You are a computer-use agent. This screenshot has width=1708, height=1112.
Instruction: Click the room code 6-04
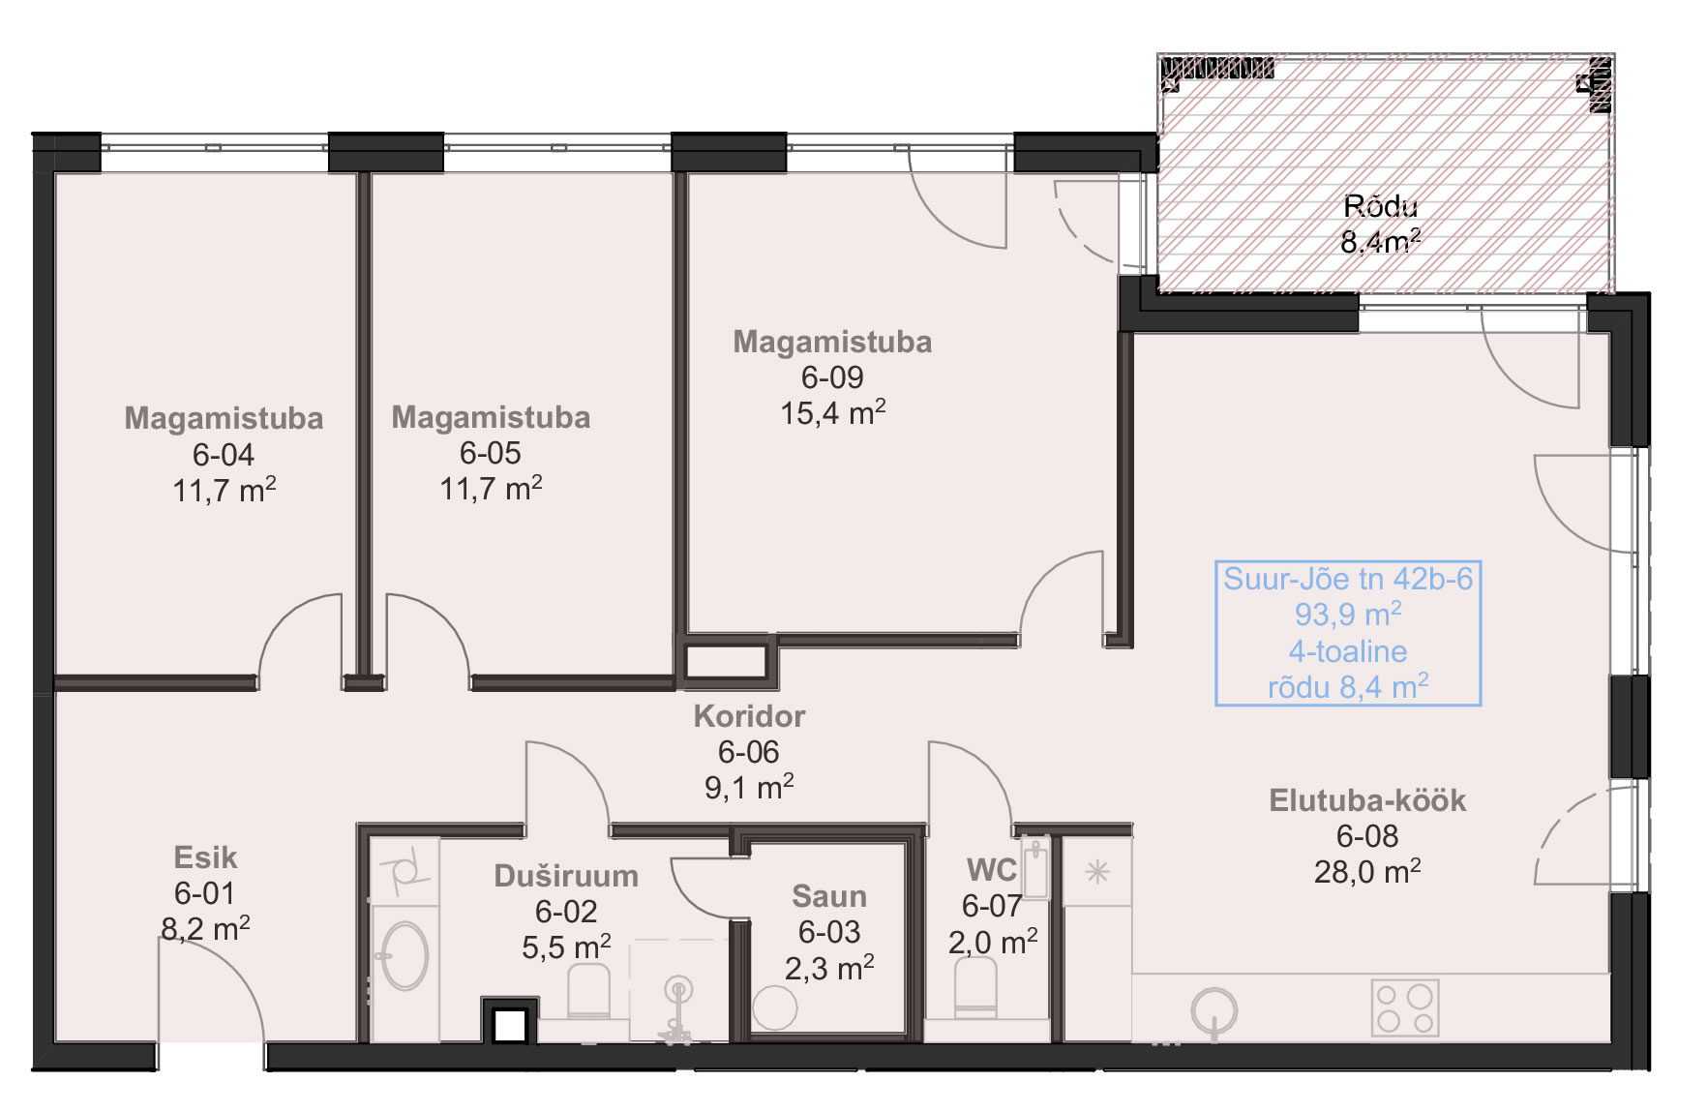(x=223, y=454)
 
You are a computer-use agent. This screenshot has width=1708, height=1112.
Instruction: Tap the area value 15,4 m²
(x=832, y=413)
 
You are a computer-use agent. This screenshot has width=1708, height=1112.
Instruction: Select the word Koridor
(x=749, y=716)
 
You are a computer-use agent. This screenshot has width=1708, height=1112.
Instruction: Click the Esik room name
(x=205, y=857)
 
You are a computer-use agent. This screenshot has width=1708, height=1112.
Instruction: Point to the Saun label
(x=829, y=896)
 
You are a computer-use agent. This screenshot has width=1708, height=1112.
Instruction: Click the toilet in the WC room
(x=975, y=990)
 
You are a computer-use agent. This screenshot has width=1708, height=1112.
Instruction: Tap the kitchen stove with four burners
(x=1405, y=1007)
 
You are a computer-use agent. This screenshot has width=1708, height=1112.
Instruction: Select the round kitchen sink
(x=1214, y=1012)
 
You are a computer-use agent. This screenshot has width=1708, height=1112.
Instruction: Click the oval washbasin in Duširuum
(x=405, y=955)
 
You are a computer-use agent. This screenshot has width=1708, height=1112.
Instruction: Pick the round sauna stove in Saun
(x=774, y=1008)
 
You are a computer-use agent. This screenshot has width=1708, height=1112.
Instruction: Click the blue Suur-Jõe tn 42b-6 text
(x=1348, y=579)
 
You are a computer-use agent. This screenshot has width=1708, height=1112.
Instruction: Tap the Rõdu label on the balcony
(x=1381, y=206)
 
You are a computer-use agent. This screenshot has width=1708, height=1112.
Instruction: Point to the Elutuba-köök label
(x=1367, y=800)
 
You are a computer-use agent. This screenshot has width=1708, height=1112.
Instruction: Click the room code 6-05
(x=491, y=453)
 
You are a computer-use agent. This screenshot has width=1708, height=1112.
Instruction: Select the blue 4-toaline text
(x=1348, y=651)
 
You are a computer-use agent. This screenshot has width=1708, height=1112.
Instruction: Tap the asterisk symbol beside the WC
(x=1096, y=872)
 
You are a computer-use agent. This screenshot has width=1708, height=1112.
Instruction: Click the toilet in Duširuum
(x=588, y=992)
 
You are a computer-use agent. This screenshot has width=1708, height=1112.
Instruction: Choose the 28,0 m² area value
(x=1367, y=872)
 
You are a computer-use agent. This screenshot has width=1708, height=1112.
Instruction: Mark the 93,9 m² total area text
(x=1348, y=615)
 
